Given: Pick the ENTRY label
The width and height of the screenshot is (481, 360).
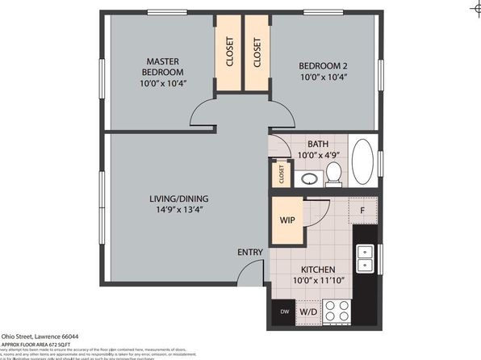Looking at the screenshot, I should (x=250, y=253).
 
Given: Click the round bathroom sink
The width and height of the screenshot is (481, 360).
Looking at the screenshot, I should (x=307, y=178).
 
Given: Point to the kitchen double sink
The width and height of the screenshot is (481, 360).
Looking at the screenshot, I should (x=365, y=257).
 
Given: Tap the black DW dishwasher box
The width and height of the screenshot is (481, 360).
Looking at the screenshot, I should (x=284, y=311).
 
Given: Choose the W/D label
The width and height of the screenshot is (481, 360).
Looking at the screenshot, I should (x=308, y=311).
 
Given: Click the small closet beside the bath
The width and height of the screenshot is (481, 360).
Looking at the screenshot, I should (x=282, y=172).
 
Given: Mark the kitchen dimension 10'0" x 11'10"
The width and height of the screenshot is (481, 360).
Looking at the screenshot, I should (x=317, y=283).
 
